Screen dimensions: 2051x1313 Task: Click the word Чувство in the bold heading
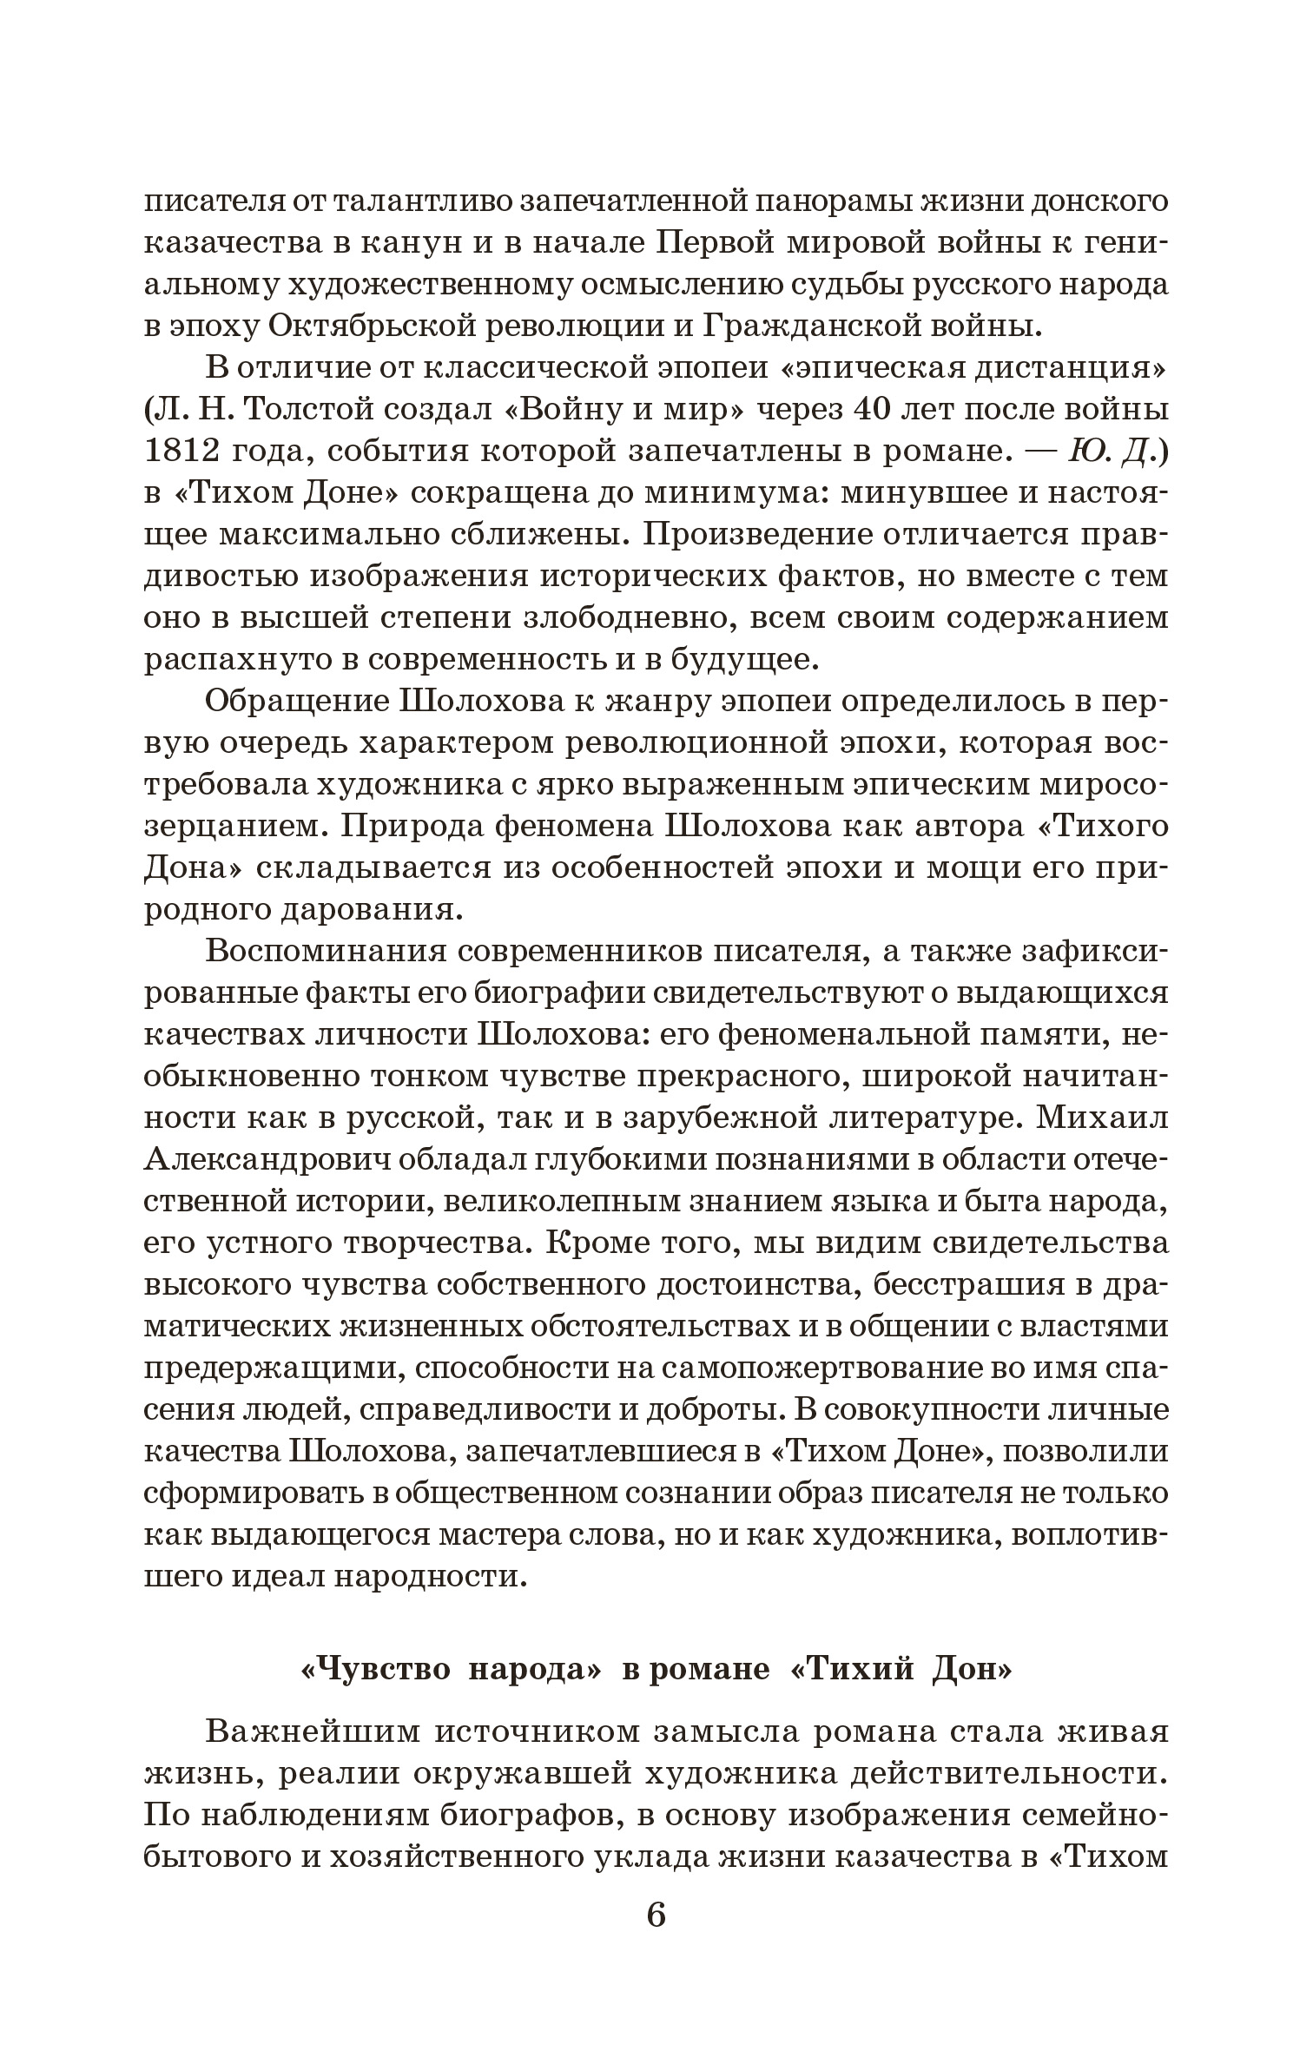tap(375, 1666)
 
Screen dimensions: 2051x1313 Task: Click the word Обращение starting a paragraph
tap(294, 702)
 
